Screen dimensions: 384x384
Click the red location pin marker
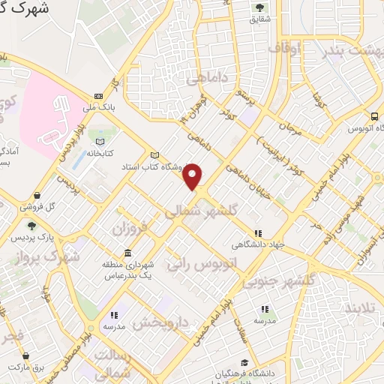coord(193,177)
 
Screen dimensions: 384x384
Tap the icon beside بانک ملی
coord(98,97)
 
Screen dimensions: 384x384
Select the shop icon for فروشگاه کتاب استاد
coord(155,155)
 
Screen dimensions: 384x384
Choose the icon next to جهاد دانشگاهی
coord(258,233)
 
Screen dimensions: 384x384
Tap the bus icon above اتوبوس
coord(374,116)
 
